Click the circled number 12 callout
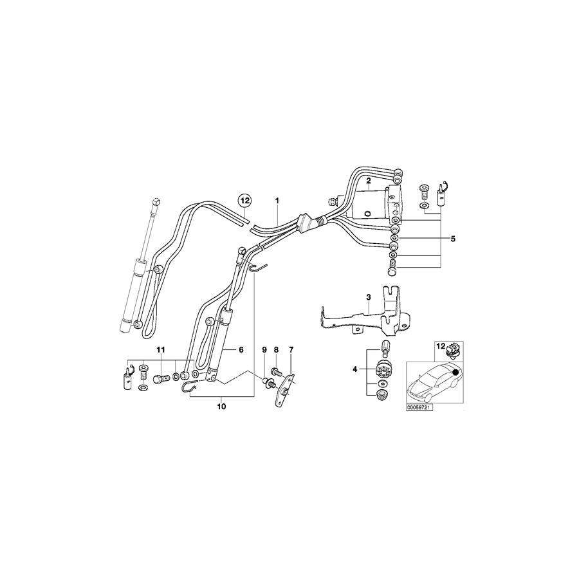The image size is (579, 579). [244, 201]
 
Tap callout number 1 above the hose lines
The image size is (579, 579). [278, 201]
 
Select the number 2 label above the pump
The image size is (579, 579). [368, 182]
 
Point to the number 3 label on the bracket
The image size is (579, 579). [369, 297]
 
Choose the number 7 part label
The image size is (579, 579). [277, 349]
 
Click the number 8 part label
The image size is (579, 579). [263, 349]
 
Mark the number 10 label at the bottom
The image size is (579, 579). [161, 349]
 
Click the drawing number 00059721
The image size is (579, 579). [419, 408]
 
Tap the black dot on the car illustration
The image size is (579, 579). [455, 371]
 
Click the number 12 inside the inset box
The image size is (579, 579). [441, 347]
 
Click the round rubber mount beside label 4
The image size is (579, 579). [382, 371]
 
